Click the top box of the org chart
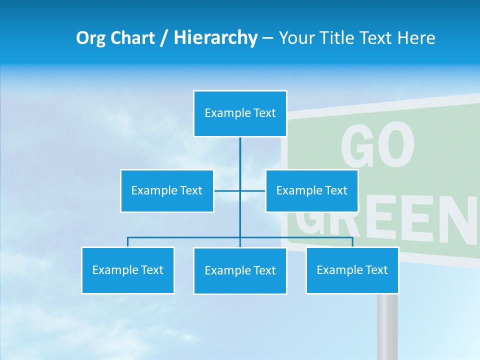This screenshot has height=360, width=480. [240, 113]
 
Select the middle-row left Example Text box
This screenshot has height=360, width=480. [167, 190]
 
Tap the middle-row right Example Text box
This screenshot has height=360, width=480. [311, 190]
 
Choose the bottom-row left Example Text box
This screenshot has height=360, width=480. [128, 270]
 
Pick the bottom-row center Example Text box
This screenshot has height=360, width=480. [240, 270]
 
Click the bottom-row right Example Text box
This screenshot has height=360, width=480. [352, 270]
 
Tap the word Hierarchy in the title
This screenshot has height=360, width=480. [215, 38]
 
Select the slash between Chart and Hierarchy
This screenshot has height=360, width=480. [165, 38]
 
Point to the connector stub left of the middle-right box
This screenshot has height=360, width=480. [252, 190]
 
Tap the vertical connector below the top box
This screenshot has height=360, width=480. [240, 155]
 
